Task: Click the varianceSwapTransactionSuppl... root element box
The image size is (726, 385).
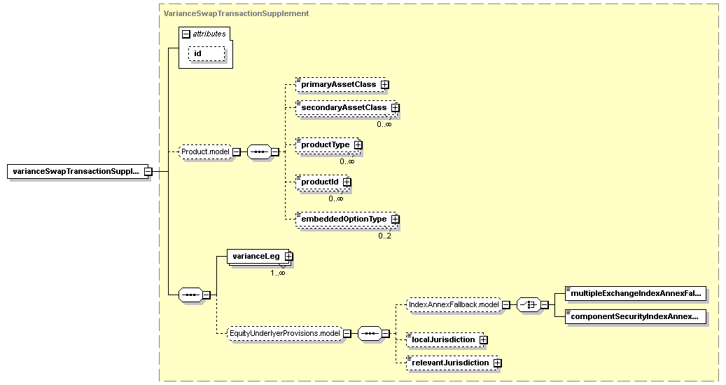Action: [x=77, y=171]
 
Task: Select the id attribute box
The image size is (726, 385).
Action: [x=207, y=53]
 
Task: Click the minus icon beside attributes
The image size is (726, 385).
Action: [x=186, y=34]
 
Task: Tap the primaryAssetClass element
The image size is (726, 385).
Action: [x=342, y=84]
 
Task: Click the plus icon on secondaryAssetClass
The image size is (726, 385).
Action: [x=395, y=107]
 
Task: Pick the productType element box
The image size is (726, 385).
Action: [x=329, y=144]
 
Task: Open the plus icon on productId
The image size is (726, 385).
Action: [x=347, y=182]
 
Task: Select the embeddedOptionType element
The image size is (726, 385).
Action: [x=347, y=219]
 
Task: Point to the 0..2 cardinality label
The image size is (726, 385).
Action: [x=385, y=236]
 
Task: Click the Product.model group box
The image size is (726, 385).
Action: [x=205, y=151]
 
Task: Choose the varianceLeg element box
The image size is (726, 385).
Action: [x=260, y=256]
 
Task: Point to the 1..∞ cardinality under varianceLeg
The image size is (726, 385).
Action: [x=278, y=273]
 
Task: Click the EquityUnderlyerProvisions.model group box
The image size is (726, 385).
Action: [x=285, y=333]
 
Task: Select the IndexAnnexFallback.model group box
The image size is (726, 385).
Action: [x=454, y=305]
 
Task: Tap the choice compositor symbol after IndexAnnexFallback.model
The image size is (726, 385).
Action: [x=529, y=305]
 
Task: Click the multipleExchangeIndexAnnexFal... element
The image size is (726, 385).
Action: [x=636, y=293]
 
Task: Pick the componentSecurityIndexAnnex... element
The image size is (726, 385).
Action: [x=636, y=316]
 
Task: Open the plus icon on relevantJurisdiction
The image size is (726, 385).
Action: [x=497, y=363]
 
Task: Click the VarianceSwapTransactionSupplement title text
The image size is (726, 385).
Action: [x=236, y=13]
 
